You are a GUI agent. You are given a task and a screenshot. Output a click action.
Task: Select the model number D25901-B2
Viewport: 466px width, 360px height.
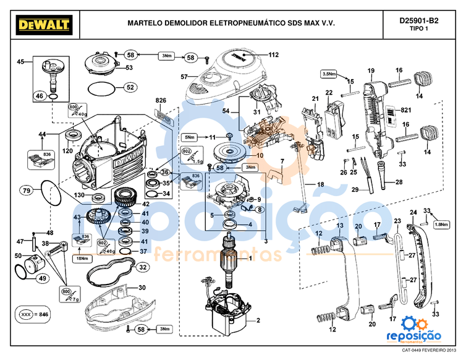click(x=418, y=20)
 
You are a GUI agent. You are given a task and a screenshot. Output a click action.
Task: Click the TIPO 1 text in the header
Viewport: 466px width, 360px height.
click(x=418, y=30)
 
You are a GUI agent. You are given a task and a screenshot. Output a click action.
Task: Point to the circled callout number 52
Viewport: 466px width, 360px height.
click(x=129, y=88)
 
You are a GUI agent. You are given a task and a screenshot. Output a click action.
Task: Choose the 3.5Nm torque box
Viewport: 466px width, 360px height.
click(x=329, y=74)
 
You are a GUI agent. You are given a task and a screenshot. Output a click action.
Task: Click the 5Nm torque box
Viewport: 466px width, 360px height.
click(x=190, y=137)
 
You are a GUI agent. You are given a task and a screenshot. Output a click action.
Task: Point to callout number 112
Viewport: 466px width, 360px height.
click(x=274, y=55)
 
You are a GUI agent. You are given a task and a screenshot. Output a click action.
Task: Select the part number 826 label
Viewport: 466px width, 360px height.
click(x=161, y=100)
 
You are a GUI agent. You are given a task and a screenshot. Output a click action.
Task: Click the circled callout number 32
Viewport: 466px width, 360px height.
click(x=142, y=267)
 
